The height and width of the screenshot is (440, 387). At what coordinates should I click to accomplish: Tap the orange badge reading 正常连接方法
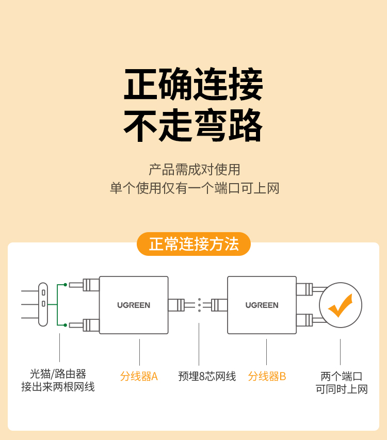click(193, 244)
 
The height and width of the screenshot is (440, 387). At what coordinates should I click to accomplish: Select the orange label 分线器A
click(139, 377)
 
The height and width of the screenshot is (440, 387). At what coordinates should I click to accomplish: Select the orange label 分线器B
click(267, 377)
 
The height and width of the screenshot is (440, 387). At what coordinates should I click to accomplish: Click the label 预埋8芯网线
click(207, 377)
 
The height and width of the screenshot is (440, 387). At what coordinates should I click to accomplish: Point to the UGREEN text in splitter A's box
click(134, 305)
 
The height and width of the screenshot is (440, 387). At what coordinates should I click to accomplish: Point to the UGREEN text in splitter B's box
click(262, 305)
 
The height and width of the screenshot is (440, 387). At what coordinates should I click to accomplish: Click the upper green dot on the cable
click(66, 285)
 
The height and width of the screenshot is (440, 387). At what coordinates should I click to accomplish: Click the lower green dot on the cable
click(66, 325)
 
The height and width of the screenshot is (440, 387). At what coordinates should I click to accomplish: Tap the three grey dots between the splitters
click(199, 305)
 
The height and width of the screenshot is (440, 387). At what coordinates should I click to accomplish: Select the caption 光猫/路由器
click(58, 374)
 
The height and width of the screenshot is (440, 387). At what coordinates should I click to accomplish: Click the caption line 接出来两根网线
click(58, 387)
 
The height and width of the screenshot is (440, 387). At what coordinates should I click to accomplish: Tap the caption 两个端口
click(341, 376)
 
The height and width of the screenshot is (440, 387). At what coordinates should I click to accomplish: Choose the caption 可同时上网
click(342, 389)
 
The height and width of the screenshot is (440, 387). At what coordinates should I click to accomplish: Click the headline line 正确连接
click(193, 84)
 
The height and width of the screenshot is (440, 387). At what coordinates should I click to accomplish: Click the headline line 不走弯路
click(193, 125)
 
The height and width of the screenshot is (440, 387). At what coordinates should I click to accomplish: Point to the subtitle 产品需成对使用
click(195, 170)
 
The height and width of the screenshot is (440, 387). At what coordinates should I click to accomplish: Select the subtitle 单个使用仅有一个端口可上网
click(195, 188)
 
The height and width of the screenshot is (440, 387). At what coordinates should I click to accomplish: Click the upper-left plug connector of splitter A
click(85, 285)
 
